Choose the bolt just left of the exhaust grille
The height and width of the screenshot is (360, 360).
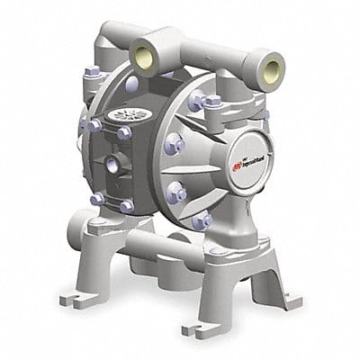click(x=94, y=123)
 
